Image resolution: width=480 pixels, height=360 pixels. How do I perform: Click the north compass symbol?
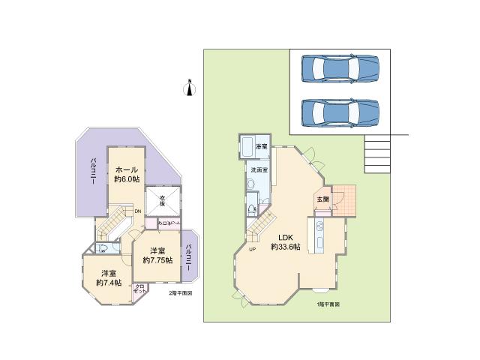(x=190, y=88)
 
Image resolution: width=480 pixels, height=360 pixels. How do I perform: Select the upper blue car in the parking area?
(x=340, y=70)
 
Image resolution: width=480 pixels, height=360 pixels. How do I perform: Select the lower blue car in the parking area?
(x=340, y=112)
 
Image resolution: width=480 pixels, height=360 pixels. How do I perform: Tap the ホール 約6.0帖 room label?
(x=127, y=175)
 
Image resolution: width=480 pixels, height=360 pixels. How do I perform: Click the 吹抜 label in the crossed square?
(x=163, y=199)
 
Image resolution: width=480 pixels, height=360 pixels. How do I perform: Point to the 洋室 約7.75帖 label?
(x=157, y=255)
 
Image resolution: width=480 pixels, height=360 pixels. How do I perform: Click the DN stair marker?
(x=138, y=211)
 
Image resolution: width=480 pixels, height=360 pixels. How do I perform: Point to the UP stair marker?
(x=252, y=250)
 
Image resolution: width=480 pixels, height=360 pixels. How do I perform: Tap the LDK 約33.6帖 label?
(x=285, y=241)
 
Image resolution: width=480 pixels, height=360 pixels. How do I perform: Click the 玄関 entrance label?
(x=322, y=199)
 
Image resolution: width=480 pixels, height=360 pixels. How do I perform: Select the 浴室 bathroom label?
(x=262, y=145)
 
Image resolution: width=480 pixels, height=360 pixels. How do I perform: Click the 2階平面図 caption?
(x=180, y=293)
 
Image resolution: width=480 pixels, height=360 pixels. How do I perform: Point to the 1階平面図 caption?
(x=328, y=304)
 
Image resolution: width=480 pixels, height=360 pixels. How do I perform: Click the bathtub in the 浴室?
(x=247, y=147)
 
